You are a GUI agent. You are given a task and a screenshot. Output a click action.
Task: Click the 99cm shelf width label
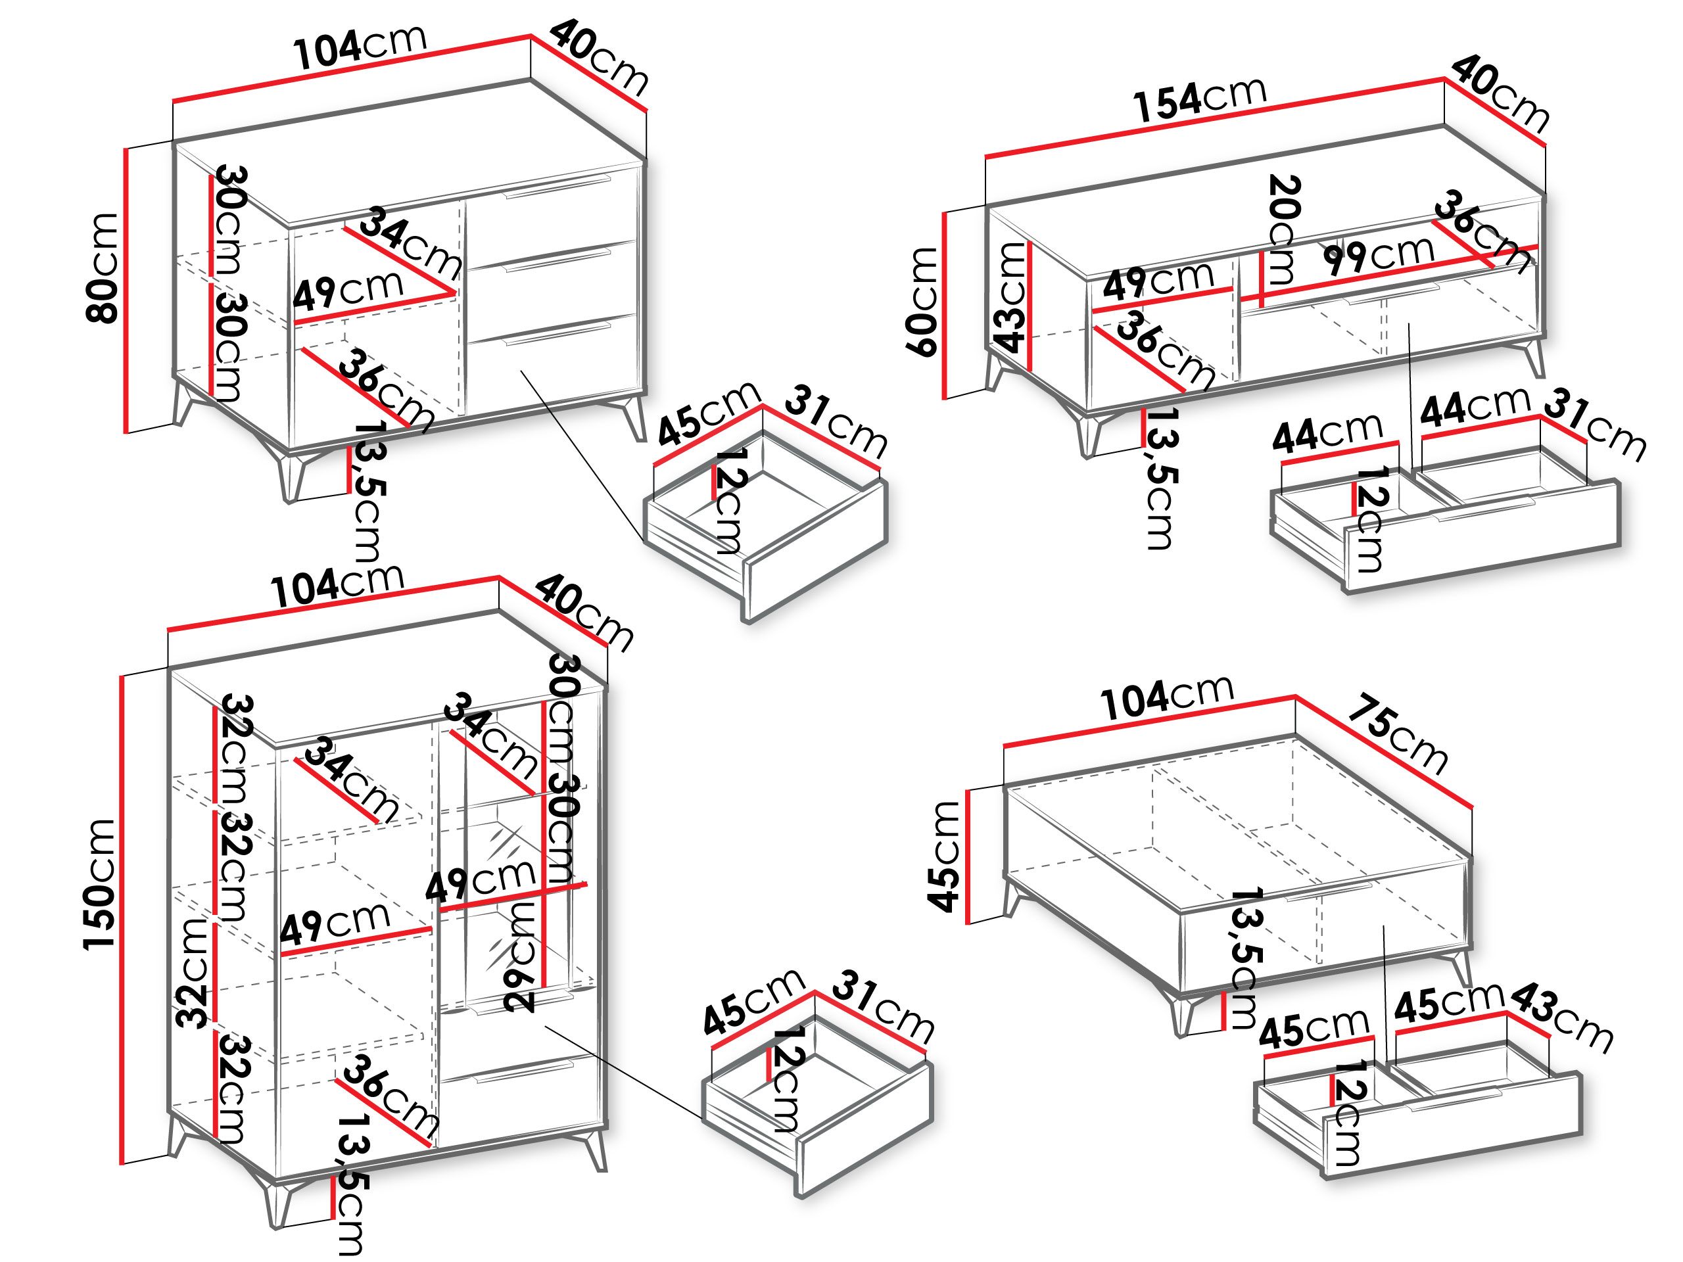click(1379, 256)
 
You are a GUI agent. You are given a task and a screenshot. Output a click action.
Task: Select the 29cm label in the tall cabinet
click(521, 956)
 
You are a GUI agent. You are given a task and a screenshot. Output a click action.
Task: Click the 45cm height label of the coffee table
click(943, 856)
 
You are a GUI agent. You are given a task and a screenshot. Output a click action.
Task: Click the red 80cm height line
click(126, 291)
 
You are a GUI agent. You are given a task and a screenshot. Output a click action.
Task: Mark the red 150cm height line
click(122, 920)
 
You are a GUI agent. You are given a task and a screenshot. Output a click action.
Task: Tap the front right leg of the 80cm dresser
click(634, 416)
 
